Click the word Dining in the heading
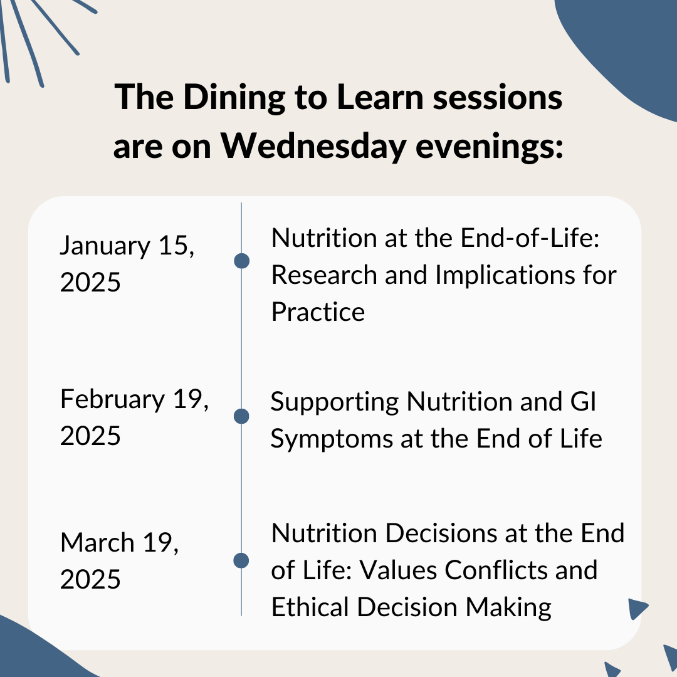point(234,98)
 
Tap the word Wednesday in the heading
point(313,146)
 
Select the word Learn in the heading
point(380,97)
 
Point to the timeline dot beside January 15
point(241,261)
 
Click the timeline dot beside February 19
point(241,416)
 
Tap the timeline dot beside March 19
point(241,560)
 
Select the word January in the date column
point(105,246)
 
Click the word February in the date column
point(113,399)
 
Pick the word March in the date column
point(98,542)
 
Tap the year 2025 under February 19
point(90,436)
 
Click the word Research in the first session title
point(324,275)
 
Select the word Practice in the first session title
point(318,312)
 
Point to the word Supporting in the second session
point(335,403)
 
